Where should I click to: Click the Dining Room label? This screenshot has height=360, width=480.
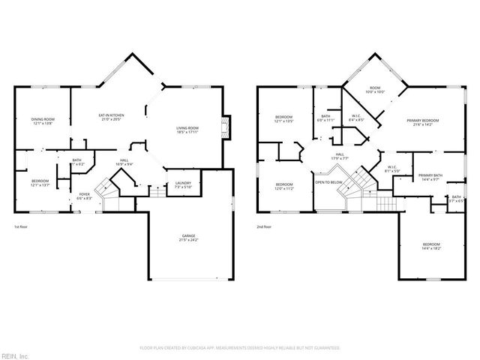(x=42, y=121)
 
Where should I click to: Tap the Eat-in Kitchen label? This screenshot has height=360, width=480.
(x=111, y=117)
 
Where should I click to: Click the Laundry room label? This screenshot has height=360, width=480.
(x=182, y=184)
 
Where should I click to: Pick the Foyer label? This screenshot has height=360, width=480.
(x=84, y=196)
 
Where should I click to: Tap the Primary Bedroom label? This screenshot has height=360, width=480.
(x=423, y=122)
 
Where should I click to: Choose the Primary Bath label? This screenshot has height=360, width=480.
(x=430, y=176)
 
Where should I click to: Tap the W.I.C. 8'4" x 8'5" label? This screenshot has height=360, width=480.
(x=356, y=117)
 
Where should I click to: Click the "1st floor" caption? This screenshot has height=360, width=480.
(x=22, y=226)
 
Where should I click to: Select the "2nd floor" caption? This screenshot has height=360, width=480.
(x=264, y=226)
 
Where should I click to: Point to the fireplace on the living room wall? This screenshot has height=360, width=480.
(x=227, y=127)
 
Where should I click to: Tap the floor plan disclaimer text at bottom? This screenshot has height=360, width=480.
(x=240, y=348)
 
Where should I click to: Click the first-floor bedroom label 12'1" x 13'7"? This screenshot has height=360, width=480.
(x=41, y=182)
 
